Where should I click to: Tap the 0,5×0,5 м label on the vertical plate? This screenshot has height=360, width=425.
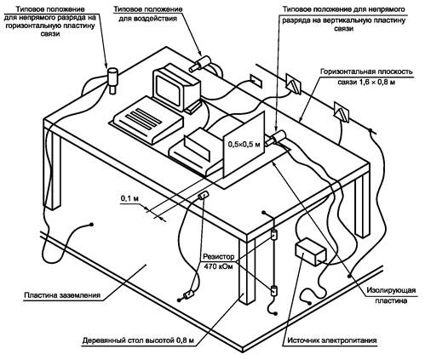244,144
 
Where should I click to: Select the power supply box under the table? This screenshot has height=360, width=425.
311,251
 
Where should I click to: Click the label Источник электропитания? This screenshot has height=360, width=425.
332,340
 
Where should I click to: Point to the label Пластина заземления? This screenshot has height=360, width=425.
62,294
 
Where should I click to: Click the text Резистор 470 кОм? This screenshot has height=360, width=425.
219,261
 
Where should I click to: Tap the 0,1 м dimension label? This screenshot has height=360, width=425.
129,198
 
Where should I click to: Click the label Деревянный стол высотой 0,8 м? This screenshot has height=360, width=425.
138,340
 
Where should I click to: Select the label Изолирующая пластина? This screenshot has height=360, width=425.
391,295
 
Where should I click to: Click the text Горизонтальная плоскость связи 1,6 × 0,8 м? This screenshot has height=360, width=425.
366,77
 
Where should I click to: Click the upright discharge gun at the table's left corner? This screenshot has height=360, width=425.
112,80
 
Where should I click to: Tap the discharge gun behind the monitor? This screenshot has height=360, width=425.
200,64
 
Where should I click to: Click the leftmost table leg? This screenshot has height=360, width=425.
52,168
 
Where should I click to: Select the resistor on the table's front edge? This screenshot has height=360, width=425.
204,196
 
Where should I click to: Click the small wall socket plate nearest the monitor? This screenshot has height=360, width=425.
256,80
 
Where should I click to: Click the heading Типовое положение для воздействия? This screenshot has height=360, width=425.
147,14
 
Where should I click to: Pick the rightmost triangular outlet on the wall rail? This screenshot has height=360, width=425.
342,112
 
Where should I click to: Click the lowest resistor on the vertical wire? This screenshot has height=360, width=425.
273,291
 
